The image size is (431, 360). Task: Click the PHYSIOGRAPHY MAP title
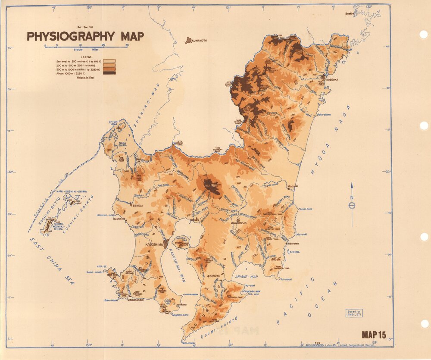pos(85,36)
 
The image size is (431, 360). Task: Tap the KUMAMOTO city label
pos(199,41)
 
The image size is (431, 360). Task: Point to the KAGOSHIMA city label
pos(155,244)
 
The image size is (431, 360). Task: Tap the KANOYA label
pos(215,276)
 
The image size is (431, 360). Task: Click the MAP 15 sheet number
pos(374,334)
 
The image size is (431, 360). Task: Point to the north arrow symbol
pos(352,205)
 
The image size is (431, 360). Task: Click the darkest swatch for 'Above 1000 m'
pos(109,73)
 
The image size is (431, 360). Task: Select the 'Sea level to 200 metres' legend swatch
pos(109,61)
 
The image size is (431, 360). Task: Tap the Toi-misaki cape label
pos(285,279)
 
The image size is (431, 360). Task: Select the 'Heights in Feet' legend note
pos(85,78)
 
